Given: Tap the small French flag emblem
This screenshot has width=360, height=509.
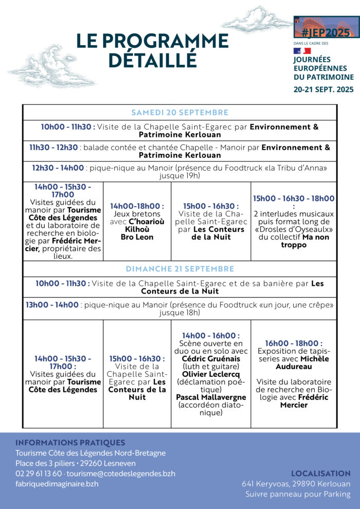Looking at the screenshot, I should pos(302,51).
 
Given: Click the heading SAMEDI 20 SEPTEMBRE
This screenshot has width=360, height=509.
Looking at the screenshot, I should pos(179,113).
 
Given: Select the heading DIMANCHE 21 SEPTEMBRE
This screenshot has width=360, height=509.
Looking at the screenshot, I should pos(179,269).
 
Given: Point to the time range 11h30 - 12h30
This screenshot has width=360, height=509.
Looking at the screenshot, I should pos(53,148).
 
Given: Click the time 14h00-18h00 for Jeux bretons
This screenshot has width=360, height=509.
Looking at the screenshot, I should pos(137,206).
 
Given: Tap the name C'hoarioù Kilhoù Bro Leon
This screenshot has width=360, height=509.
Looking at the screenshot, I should pos(137,229).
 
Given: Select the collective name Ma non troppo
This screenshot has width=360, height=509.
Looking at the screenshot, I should pos(294,241).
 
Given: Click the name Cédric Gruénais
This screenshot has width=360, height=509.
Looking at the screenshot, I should pos(211,359).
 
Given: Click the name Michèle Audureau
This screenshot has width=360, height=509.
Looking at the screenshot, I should pos(294,362).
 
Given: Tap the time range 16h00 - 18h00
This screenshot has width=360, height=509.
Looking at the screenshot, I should pos(294,343).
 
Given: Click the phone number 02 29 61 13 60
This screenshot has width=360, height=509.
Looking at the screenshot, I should pos(39,474).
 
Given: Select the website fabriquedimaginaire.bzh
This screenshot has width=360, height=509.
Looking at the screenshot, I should pos(57,484).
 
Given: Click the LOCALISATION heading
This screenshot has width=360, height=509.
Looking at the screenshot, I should pos(320,474).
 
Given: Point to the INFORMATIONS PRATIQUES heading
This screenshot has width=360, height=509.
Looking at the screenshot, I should pos(70,443).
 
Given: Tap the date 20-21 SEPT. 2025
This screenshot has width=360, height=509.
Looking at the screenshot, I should pos(323,89).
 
